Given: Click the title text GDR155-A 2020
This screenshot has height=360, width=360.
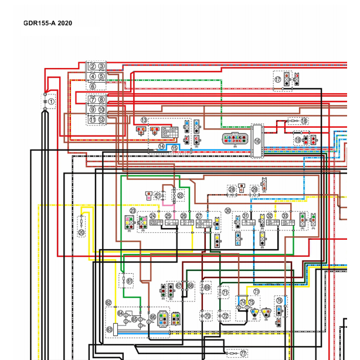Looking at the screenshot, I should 47,23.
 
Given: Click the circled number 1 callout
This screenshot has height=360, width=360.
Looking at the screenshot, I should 51,101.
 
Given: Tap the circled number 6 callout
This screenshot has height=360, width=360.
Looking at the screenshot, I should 93,86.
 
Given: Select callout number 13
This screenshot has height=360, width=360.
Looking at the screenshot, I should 144,120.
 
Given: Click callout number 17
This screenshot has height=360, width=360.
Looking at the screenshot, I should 277,79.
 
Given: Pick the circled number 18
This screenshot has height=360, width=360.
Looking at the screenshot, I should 304,121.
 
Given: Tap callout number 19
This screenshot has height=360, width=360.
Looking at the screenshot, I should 298,140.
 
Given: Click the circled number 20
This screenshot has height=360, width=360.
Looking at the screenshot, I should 81,232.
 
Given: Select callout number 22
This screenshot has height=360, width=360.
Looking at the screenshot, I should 180,196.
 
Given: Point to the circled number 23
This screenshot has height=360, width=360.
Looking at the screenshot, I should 133,210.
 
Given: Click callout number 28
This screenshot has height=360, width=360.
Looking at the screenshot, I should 232,189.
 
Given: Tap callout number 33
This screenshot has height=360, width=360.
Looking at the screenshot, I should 286,216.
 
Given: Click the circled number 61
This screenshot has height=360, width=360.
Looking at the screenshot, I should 130,281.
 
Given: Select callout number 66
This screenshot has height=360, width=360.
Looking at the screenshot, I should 152,317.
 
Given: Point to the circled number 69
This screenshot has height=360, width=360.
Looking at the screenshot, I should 207,287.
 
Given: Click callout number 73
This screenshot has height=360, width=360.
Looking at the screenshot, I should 256,291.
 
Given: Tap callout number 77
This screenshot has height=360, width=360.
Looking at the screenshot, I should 243,354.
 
